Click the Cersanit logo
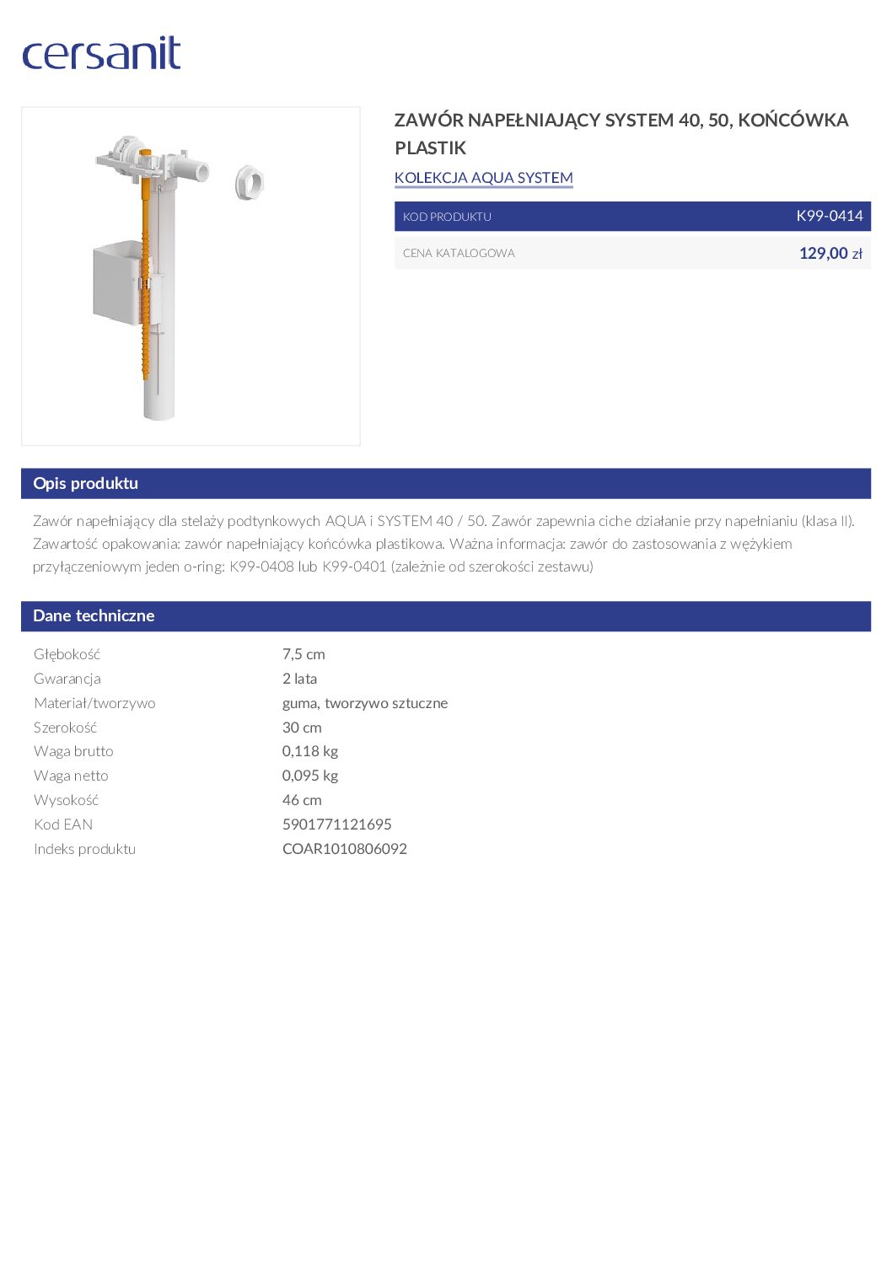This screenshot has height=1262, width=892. (101, 53)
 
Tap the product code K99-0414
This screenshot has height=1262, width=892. (829, 216)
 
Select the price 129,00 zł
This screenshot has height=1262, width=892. (830, 253)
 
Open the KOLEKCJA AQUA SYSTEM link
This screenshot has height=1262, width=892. (483, 178)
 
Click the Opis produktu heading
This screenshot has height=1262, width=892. (85, 483)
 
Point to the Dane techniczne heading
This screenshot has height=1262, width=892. (94, 615)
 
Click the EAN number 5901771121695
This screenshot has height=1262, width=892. (336, 824)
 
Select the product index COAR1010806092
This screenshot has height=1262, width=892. (344, 849)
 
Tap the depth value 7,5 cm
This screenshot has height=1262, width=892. (304, 654)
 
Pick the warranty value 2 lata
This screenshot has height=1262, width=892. (299, 679)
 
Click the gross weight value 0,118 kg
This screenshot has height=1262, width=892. (309, 751)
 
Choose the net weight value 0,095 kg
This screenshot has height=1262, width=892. (309, 776)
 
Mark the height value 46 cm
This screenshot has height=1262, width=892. (302, 800)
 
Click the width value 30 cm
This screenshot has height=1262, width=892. (302, 728)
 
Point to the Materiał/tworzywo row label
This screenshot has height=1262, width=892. (94, 703)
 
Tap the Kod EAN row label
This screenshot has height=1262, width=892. (63, 824)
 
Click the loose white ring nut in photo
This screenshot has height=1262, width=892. (249, 182)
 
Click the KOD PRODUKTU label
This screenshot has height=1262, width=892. (447, 217)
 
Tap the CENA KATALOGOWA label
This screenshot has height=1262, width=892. (459, 253)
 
